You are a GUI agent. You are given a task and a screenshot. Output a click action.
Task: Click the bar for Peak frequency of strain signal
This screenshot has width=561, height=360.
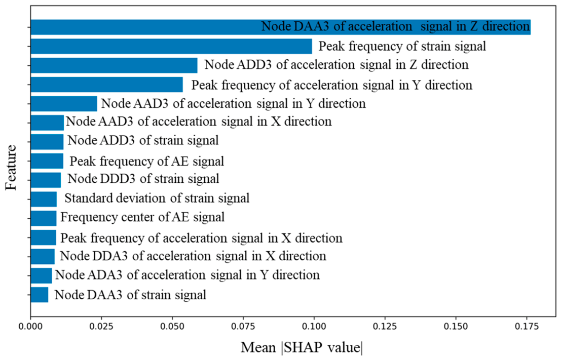(171, 46)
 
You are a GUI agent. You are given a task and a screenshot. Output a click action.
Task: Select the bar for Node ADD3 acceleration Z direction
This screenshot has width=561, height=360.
(114, 65)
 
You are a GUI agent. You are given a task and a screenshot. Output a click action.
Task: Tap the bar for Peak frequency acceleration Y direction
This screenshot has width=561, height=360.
(106, 85)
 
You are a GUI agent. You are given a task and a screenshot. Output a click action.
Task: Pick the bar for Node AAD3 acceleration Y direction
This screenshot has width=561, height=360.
(64, 104)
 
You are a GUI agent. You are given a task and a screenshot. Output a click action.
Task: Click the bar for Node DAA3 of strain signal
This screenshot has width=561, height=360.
(40, 295)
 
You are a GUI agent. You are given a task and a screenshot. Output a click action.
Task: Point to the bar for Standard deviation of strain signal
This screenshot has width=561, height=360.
(44, 199)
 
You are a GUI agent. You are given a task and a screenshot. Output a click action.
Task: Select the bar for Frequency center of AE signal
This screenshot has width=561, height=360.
(43, 218)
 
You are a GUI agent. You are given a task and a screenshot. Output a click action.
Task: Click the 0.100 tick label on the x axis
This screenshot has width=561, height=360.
(314, 327)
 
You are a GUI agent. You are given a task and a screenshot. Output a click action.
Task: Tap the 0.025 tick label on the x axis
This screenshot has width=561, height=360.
(101, 327)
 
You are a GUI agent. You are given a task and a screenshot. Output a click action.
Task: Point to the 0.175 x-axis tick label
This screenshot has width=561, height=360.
(527, 327)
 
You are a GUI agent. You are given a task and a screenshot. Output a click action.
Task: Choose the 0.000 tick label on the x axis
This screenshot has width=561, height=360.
(31, 327)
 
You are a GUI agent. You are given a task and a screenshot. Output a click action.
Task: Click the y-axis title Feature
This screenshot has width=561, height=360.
(11, 167)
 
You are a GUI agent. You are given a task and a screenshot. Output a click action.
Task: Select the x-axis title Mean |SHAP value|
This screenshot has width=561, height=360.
(302, 347)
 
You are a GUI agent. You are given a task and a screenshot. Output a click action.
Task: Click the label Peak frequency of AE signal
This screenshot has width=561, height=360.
(146, 161)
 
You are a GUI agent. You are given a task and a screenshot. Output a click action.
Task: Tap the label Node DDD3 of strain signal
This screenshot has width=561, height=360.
(143, 178)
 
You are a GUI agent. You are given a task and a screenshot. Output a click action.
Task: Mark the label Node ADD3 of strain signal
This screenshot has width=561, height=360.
(143, 140)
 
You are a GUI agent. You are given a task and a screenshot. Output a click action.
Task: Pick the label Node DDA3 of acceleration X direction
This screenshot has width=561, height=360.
(193, 256)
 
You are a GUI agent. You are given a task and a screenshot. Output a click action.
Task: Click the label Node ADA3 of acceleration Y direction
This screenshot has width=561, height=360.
(188, 275)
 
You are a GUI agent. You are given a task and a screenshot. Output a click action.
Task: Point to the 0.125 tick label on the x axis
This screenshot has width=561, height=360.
(385, 327)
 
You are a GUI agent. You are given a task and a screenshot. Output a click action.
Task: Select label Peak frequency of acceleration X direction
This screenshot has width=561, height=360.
(201, 238)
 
